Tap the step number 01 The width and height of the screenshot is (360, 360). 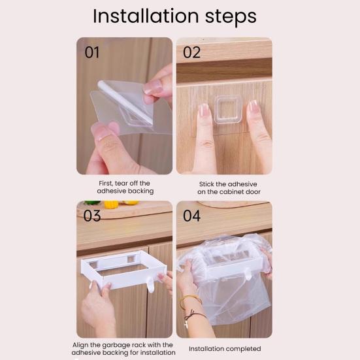coord(92,52)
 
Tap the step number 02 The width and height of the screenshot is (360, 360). coord(191,52)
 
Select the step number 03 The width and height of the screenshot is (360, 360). coord(92,216)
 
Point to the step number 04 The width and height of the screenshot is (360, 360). coord(192,216)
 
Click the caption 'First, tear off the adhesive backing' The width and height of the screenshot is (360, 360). coord(125,188)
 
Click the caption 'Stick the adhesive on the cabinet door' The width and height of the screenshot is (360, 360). coord(225,188)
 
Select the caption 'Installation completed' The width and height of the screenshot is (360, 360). coord(225,348)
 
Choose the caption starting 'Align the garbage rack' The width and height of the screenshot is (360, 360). coord(123,348)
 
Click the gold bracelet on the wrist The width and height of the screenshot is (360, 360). coord(190,299)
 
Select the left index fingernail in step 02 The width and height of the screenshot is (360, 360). coord(203,110)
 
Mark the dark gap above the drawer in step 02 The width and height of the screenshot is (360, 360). coord(224,71)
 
